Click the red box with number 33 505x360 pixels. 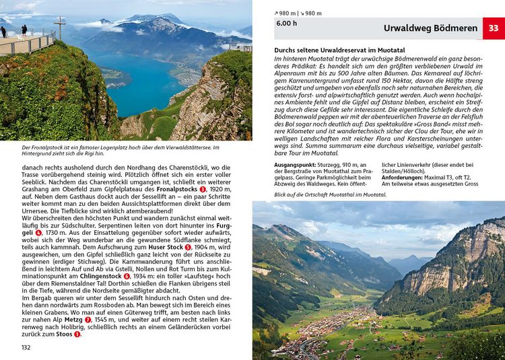tap(494, 28)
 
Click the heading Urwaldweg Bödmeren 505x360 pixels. tap(431, 29)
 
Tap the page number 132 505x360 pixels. tap(26, 347)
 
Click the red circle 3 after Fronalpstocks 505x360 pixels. tap(203, 209)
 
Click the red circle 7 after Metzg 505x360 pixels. tap(89, 319)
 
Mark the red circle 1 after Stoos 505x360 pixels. tap(77, 334)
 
